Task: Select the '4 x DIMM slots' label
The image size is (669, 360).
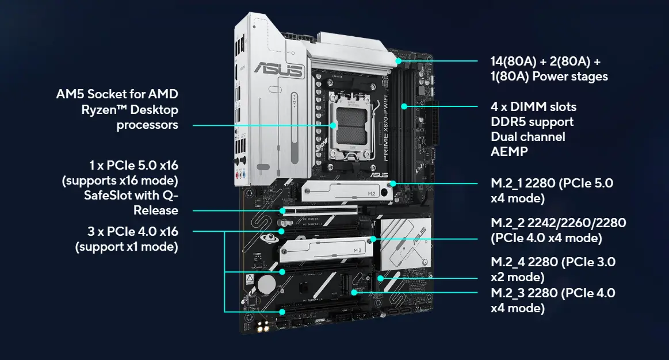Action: click(533, 107)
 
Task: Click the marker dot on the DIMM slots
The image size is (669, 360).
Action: click(404, 106)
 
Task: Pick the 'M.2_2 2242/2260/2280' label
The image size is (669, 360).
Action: click(558, 223)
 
